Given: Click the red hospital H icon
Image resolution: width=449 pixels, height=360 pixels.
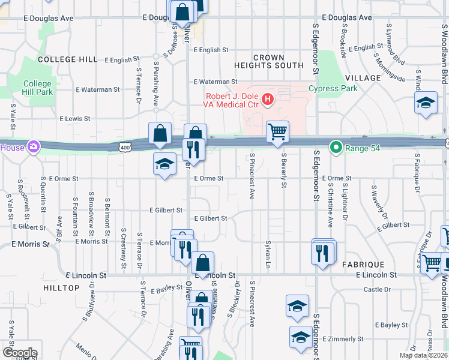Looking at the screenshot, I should click(x=268, y=99).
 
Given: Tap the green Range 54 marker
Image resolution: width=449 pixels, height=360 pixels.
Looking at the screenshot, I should click(x=336, y=146).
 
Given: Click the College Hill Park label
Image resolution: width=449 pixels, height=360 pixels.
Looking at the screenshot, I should click(x=38, y=88).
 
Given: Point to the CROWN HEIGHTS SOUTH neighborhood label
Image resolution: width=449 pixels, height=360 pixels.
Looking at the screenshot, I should click(x=269, y=61).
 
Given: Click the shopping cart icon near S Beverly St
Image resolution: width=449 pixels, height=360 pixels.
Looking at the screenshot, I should click(x=277, y=131).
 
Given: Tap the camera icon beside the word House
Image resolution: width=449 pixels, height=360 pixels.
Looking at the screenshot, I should click(x=34, y=146).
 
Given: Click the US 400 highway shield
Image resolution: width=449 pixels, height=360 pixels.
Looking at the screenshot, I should click(x=124, y=146).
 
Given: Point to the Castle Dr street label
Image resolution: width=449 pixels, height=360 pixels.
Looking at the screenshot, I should click(x=377, y=289).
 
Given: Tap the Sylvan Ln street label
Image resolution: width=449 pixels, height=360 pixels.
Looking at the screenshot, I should click(x=268, y=251).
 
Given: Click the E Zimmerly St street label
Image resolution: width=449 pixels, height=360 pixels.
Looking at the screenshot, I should click(x=343, y=339).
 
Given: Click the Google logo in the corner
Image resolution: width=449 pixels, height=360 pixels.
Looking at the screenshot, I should click(x=19, y=353).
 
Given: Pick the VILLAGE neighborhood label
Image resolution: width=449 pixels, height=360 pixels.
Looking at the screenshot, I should click(x=363, y=78).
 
